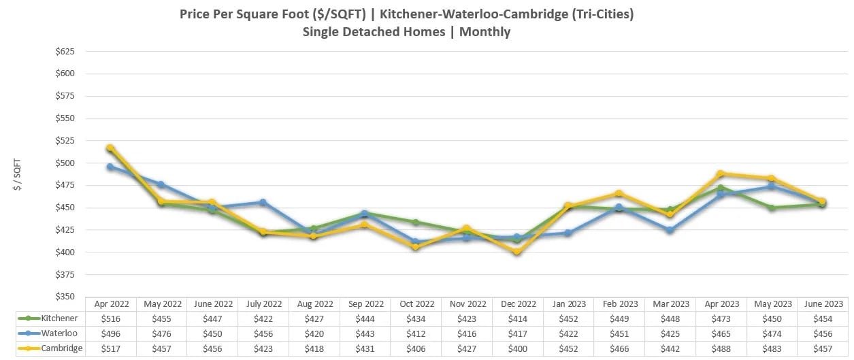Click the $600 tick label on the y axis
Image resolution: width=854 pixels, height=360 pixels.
pyautogui.click(x=65, y=73)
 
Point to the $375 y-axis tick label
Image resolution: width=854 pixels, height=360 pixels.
pyautogui.click(x=65, y=275)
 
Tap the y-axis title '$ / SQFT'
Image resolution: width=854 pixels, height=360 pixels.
pyautogui.click(x=18, y=174)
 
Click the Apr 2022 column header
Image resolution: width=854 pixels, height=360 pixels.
pyautogui.click(x=110, y=304)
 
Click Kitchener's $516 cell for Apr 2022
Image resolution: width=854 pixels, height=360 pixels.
pyautogui.click(x=110, y=318)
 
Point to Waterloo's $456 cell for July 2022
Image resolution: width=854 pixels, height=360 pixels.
pyautogui.click(x=263, y=333)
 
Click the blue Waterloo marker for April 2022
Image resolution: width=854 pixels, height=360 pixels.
pyautogui.click(x=110, y=166)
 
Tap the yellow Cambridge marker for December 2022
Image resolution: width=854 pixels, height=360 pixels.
pyautogui.click(x=517, y=252)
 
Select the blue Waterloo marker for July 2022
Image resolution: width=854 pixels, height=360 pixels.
pyautogui.click(x=263, y=202)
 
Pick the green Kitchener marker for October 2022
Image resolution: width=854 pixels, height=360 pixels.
pyautogui.click(x=416, y=222)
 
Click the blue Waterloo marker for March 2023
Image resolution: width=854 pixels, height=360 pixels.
pyautogui.click(x=670, y=230)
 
